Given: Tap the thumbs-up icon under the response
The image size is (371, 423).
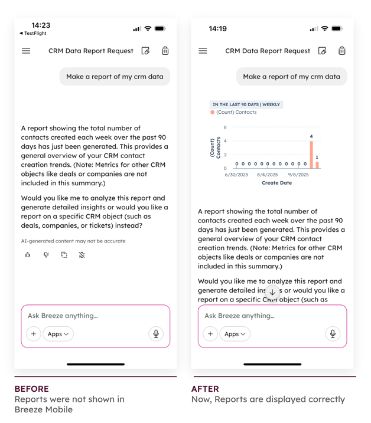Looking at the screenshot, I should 28,255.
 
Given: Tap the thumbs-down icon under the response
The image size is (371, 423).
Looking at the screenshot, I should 46,255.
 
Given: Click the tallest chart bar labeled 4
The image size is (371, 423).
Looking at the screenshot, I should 311,155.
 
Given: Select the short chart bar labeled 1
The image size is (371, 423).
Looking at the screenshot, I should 317,165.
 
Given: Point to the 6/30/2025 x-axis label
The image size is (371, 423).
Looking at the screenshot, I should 236,175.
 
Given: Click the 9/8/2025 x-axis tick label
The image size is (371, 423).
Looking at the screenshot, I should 298,175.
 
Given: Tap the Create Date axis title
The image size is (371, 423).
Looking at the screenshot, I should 276,183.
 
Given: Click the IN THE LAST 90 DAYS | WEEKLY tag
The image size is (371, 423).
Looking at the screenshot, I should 246,104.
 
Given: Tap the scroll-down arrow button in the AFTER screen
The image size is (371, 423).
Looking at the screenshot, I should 272,292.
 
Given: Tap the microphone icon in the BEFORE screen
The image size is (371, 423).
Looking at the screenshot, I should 156,334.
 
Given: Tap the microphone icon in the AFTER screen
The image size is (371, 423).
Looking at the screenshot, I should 333,334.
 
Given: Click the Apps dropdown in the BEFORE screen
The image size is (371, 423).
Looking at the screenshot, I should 58,334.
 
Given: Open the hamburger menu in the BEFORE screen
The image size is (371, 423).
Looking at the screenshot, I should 26,51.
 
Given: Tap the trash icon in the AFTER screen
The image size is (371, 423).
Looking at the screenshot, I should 342,51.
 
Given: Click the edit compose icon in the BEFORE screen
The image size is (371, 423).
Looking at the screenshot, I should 146,51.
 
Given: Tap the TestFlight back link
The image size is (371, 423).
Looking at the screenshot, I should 33,34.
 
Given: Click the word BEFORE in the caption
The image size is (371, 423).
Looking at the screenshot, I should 31,389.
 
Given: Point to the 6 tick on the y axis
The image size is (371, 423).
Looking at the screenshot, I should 224,127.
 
